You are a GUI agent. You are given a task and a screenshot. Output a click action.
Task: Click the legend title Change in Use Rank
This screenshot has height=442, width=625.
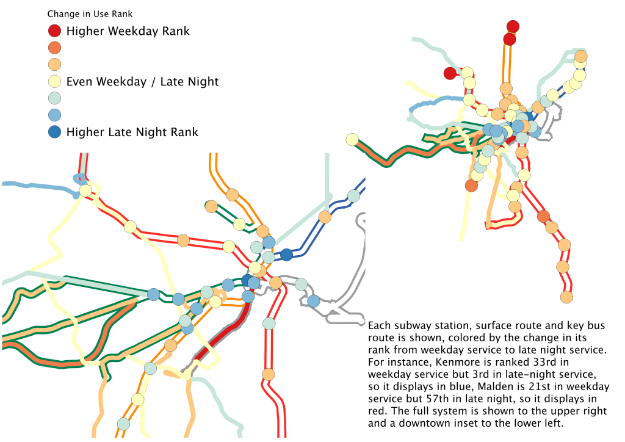coord(90,14)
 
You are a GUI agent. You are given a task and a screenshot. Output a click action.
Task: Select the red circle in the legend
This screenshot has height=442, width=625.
coord(54,31)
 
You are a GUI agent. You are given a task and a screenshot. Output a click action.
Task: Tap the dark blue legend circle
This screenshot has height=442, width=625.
coord(54,132)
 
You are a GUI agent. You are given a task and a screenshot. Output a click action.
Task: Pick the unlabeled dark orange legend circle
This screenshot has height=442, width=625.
coord(54,48)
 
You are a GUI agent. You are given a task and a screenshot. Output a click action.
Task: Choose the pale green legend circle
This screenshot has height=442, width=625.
coord(54,98)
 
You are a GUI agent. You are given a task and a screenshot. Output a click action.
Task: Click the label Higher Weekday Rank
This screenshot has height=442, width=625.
coord(128,31)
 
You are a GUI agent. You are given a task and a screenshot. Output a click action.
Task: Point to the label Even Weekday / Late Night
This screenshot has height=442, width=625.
coord(142,82)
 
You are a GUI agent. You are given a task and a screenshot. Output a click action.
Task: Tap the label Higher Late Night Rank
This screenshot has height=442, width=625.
coord(132,132)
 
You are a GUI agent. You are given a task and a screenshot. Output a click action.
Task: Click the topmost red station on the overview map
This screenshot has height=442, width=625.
coord(513,27)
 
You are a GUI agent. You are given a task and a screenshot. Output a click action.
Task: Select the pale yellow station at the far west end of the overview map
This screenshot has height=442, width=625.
coord(352,139)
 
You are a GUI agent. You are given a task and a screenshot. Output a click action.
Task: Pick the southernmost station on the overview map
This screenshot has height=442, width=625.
coord(566,297)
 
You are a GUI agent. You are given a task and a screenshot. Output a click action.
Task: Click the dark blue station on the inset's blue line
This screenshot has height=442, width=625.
coord(287,255)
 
